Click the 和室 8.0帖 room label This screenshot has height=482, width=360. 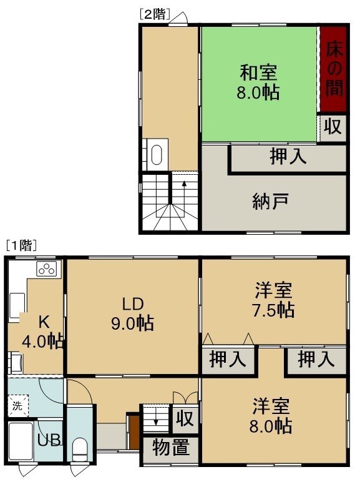pyautogui.click(x=258, y=82)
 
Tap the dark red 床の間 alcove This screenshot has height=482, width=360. pyautogui.click(x=334, y=69)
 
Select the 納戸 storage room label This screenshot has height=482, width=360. pyautogui.click(x=270, y=201)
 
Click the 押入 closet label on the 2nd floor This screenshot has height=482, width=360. pyautogui.click(x=288, y=156)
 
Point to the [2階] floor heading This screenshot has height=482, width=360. pyautogui.click(x=155, y=14)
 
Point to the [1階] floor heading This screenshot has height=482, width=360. pyautogui.click(x=21, y=245)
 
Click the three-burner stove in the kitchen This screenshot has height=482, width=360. pyautogui.click(x=47, y=269)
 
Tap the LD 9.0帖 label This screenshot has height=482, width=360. pyautogui.click(x=132, y=314)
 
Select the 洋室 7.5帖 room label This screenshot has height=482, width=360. pyautogui.click(x=273, y=300)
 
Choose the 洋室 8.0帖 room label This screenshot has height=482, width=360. pyautogui.click(x=271, y=416)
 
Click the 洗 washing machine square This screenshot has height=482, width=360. pyautogui.click(x=18, y=405)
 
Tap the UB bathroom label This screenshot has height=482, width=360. pyautogui.click(x=49, y=440)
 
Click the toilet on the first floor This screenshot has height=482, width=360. pyautogui.click(x=80, y=450)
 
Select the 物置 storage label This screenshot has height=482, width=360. pyautogui.click(x=171, y=447)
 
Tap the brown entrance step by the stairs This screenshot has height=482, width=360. pyautogui.click(x=134, y=431)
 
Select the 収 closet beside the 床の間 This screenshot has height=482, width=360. pyautogui.click(x=334, y=126)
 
